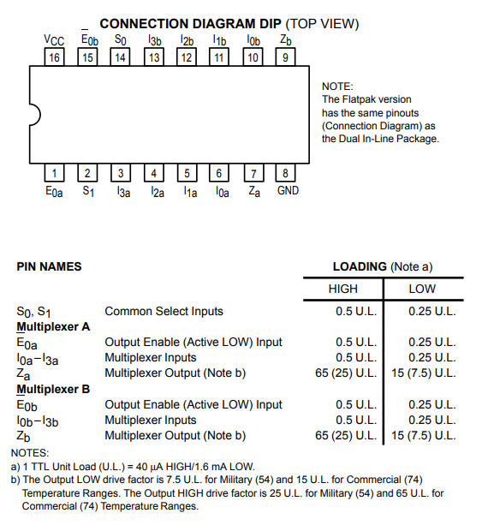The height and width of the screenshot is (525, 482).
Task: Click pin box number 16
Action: [x=54, y=57]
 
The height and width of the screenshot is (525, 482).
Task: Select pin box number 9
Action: [x=285, y=57]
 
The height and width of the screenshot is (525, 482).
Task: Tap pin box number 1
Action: [x=54, y=173]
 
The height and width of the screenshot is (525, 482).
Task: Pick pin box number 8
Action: [x=285, y=173]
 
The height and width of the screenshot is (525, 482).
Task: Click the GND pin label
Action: [x=288, y=190]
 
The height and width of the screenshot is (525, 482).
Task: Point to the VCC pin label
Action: [x=54, y=40]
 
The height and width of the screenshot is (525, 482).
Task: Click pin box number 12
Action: [x=187, y=57]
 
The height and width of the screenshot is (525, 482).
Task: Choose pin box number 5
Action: [x=187, y=173]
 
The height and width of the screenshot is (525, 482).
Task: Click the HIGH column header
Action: [x=342, y=289]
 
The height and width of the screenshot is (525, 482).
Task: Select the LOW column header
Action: [x=422, y=289]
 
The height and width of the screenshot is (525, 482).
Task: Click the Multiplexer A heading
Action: [x=53, y=327]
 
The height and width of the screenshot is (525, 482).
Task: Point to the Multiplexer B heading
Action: [x=53, y=389]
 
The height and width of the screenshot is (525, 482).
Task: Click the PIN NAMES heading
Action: [x=49, y=266]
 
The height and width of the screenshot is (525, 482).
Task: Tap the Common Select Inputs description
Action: [x=164, y=312]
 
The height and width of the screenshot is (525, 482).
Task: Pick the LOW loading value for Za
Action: [x=424, y=373]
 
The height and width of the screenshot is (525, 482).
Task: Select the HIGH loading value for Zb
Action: [x=346, y=435]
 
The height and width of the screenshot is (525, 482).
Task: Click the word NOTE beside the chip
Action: [x=337, y=87]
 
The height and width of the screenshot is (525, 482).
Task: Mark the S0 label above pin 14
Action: [x=120, y=40]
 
